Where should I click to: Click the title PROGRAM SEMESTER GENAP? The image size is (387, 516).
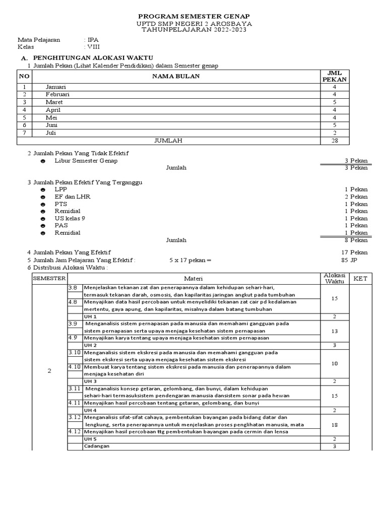click(195, 16)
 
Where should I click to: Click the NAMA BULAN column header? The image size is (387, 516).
click(176, 76)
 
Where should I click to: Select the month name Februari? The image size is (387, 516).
click(57, 94)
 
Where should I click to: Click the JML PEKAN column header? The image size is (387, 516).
click(334, 77)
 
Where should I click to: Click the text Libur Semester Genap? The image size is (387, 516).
click(86, 161)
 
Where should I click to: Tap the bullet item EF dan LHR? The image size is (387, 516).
click(73, 197)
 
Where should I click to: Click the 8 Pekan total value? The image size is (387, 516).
click(356, 240)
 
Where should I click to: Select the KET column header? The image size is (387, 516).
click(360, 279)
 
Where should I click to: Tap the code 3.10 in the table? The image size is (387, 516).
click(75, 353)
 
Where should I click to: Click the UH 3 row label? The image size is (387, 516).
click(90, 381)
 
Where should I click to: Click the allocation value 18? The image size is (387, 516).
click(334, 425)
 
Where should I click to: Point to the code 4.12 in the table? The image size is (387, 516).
click(75, 432)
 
